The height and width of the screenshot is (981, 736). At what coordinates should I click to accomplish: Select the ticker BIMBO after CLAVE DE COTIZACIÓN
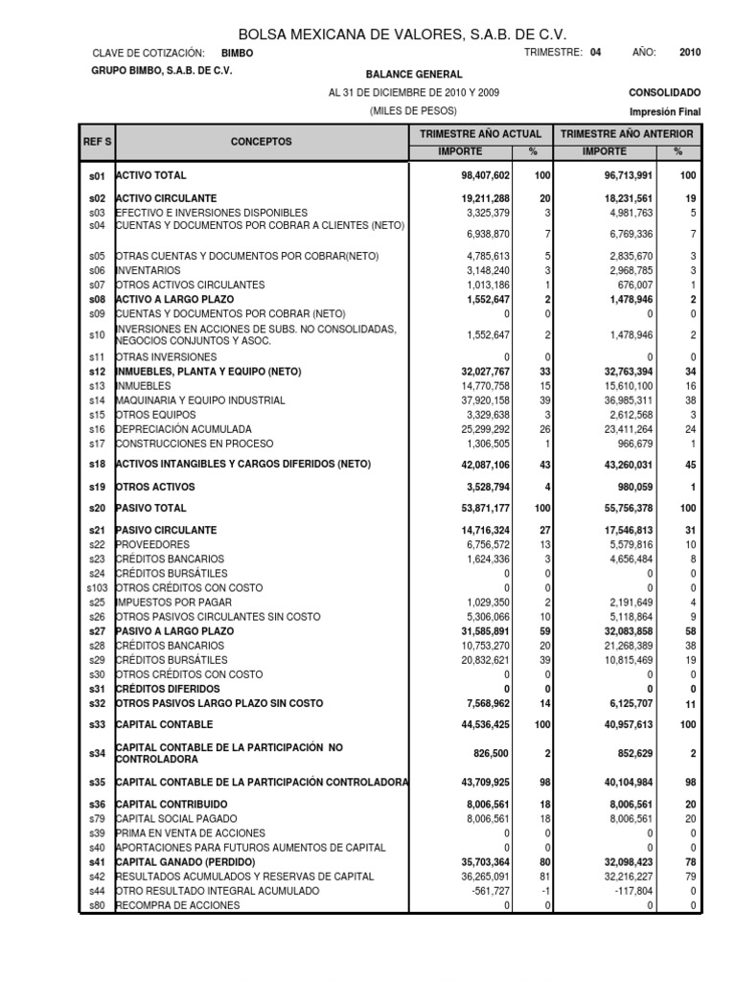pyautogui.click(x=238, y=54)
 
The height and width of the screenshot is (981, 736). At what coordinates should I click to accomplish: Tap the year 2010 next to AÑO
pyautogui.click(x=689, y=54)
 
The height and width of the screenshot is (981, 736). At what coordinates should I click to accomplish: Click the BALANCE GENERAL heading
pyautogui.click(x=413, y=74)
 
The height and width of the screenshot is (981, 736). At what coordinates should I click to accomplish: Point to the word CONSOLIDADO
pyautogui.click(x=664, y=93)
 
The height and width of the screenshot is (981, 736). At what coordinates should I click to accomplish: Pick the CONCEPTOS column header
pyautogui.click(x=261, y=142)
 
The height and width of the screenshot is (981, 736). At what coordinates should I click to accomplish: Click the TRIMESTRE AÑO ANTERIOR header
pyautogui.click(x=628, y=134)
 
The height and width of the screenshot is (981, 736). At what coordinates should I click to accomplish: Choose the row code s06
pyautogui.click(x=97, y=270)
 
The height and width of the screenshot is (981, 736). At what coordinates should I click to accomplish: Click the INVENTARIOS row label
pyautogui.click(x=149, y=270)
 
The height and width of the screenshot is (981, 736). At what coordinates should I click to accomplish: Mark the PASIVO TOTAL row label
pyautogui.click(x=151, y=508)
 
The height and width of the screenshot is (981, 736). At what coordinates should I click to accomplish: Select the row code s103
pyautogui.click(x=96, y=587)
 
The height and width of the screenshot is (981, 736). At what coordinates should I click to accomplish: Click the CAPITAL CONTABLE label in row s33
pyautogui.click(x=164, y=724)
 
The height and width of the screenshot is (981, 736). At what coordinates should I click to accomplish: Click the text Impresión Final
pyautogui.click(x=664, y=111)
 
